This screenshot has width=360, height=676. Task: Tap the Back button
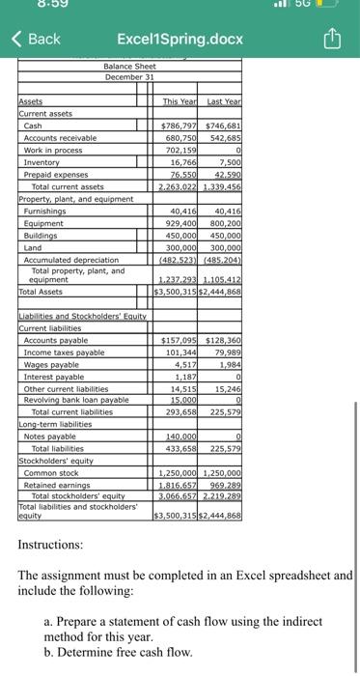[x=36, y=39]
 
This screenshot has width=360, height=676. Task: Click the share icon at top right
[x=332, y=39]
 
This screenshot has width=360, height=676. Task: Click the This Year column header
[x=180, y=100]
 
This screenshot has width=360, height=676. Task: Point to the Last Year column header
[x=223, y=100]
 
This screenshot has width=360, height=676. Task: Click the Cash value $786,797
[x=179, y=126]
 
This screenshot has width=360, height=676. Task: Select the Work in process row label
[x=54, y=150]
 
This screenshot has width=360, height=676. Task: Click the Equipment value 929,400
[x=181, y=222]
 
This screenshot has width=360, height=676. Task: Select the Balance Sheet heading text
[x=129, y=65]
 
